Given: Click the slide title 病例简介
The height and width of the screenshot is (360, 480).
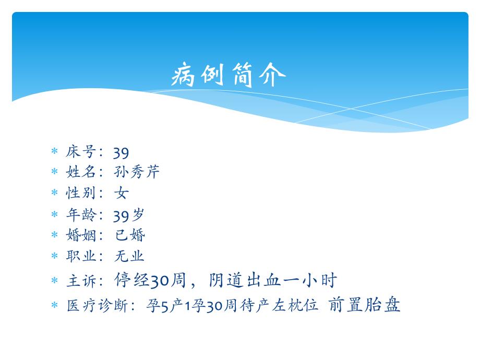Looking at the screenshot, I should (229, 76).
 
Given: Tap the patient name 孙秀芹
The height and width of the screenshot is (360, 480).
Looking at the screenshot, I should (137, 172).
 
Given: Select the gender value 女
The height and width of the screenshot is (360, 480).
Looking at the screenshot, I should (122, 193).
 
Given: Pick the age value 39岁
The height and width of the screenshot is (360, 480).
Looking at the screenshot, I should (129, 214).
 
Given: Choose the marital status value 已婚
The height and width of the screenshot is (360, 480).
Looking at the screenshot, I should (130, 235).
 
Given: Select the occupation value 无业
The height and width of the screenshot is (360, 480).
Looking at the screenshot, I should (129, 256).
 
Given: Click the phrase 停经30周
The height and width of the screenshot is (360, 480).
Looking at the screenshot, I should (149, 280).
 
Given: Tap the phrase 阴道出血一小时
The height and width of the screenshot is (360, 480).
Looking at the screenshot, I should (272, 280).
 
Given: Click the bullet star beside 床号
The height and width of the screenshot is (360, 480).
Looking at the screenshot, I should (54, 152).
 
